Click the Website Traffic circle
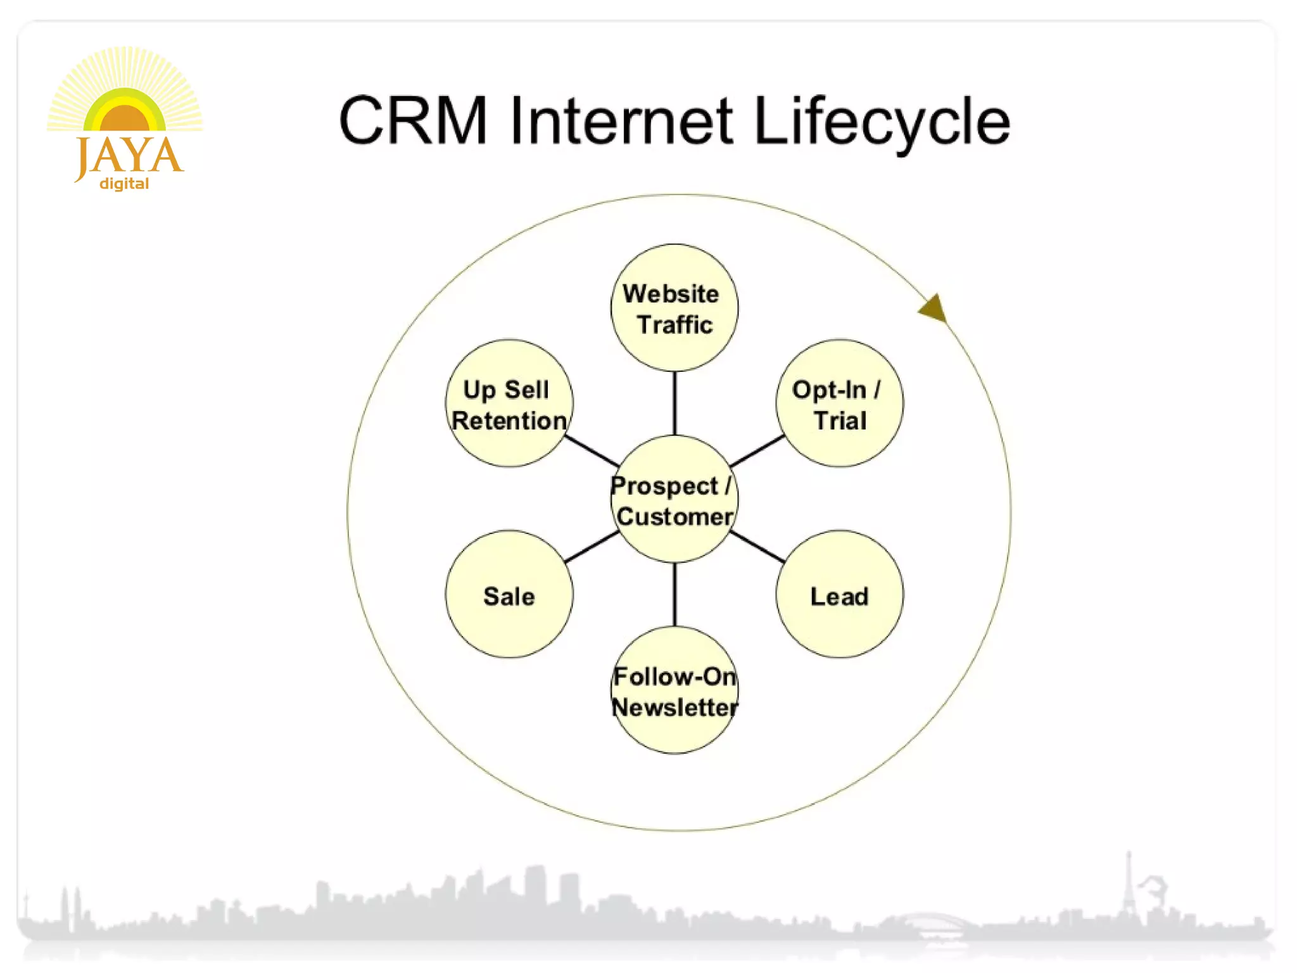(674, 308)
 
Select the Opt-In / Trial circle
(839, 404)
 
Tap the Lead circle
(839, 594)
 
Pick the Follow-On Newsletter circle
(674, 690)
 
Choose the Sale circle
(509, 594)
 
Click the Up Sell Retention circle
(509, 404)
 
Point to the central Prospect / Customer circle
(674, 499)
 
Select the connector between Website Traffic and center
(674, 403)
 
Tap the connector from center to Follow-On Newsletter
(674, 594)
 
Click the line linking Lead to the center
(757, 547)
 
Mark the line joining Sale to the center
(592, 547)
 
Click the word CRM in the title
(412, 120)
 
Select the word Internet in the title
(621, 120)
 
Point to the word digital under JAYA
(124, 184)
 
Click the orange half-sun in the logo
(124, 119)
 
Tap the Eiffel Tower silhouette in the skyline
(1128, 887)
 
